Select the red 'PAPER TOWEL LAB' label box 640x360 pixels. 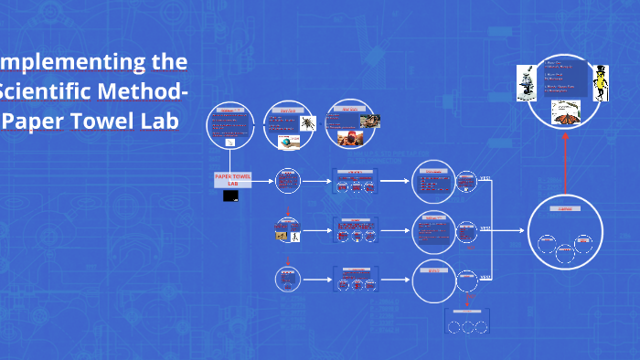coord(232,178)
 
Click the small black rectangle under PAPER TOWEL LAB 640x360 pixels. coord(231,196)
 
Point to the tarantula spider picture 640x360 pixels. coord(308,122)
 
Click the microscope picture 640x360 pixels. coord(528,81)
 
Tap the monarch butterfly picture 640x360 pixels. coord(567,113)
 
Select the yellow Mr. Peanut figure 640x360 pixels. coord(600,81)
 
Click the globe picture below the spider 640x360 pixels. coord(289,143)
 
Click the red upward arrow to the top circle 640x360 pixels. coord(565,163)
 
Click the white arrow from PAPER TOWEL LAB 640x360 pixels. coord(261,181)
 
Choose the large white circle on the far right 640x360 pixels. coord(565,232)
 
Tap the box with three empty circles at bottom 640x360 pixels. coord(468,323)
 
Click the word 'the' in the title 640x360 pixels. coord(168,62)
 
